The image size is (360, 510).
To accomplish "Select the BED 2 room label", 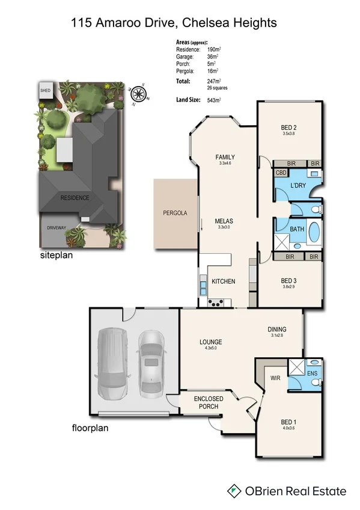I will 289,127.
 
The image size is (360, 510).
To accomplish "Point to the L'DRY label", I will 298,186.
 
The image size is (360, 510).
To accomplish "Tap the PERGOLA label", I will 175,213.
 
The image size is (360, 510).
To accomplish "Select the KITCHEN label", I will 223,281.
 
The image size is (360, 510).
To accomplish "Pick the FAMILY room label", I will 225,157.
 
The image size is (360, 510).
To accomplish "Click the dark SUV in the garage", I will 112,365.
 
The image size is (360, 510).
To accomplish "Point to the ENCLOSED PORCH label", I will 209,403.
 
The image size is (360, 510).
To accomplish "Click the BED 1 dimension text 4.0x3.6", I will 289,428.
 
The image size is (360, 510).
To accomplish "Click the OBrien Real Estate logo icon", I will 234,491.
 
